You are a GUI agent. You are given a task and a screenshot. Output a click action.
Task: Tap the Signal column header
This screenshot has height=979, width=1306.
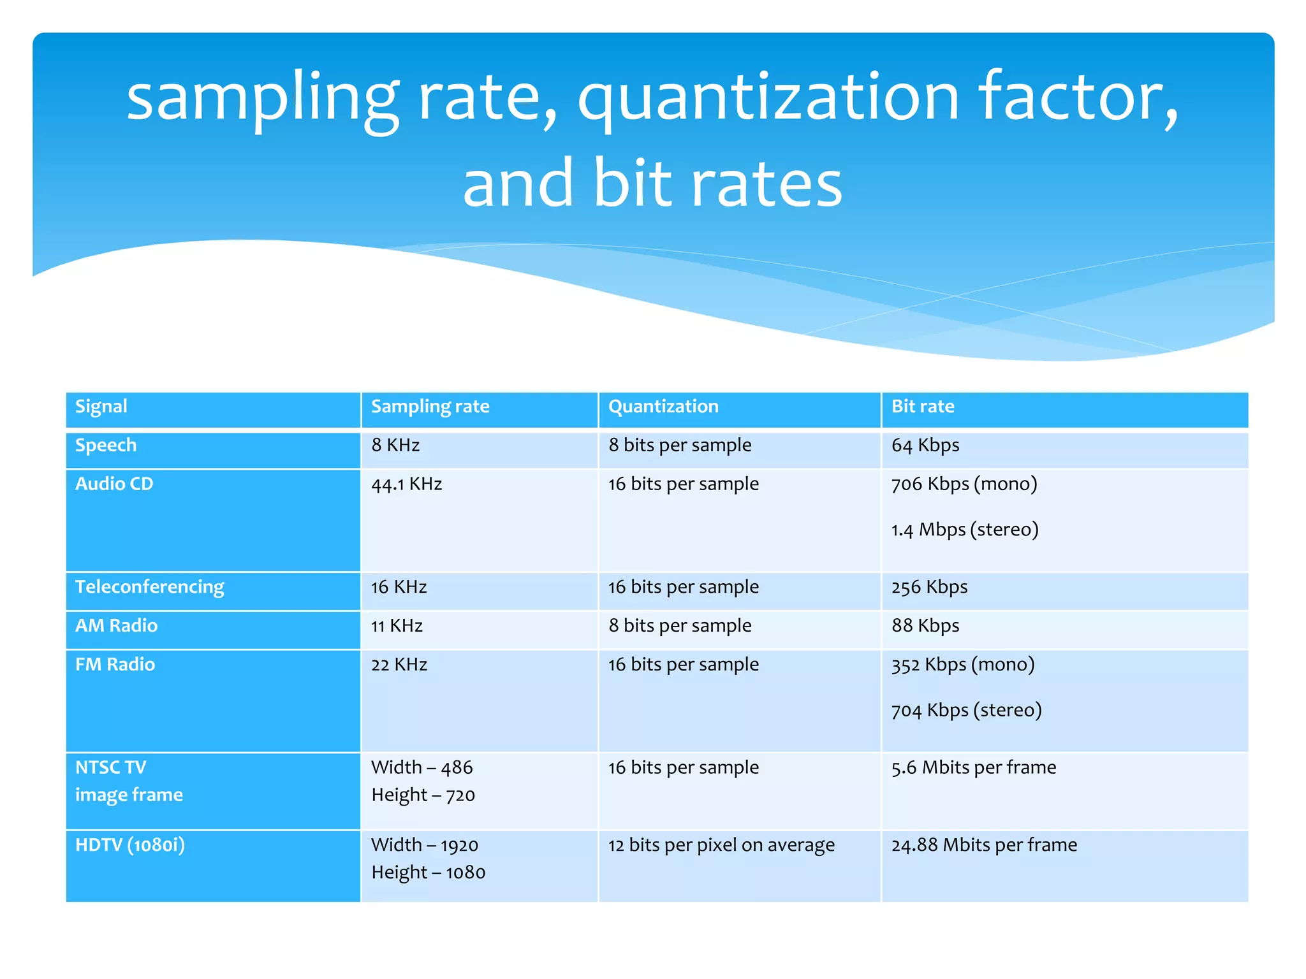101,407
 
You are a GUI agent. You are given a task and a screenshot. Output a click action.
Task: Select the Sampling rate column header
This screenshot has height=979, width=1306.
430,407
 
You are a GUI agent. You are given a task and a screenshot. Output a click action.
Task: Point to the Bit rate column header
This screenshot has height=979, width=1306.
922,407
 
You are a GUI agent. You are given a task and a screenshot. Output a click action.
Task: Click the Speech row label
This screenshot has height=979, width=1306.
106,445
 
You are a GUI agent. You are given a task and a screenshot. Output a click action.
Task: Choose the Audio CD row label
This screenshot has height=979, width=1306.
114,484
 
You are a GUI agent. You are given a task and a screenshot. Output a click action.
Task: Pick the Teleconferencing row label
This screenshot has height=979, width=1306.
150,587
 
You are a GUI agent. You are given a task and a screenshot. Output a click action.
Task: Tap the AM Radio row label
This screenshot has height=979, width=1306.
116,626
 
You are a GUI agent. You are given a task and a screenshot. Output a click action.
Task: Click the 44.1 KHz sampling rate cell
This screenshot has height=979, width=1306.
406,484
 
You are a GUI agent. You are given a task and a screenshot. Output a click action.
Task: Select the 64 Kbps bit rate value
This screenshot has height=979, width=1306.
925,446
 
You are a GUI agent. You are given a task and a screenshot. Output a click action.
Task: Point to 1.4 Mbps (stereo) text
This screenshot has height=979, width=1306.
964,530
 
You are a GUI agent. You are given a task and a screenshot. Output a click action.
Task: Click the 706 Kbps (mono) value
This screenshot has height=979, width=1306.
964,484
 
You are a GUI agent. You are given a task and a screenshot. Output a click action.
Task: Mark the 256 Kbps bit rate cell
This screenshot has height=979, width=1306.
929,587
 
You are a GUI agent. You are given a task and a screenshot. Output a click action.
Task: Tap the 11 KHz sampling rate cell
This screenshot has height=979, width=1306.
397,626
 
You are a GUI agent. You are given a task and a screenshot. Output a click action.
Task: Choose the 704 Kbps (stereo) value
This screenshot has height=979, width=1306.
966,710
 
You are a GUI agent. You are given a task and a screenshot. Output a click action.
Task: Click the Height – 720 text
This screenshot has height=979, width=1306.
423,795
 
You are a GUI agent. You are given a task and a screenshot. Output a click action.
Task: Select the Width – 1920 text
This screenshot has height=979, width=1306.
424,845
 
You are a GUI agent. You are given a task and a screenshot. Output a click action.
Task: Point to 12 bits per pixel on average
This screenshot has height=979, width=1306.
721,845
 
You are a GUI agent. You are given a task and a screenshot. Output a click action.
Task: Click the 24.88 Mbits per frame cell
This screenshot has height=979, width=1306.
983,845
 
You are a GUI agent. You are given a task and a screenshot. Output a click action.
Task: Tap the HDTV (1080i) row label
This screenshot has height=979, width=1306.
130,845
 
